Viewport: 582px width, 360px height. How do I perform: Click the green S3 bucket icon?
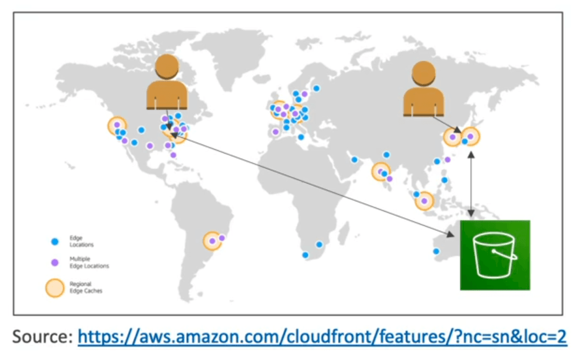tap(495, 255)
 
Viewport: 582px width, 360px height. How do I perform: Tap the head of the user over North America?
tap(167, 66)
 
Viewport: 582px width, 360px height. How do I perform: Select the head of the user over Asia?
tap(424, 73)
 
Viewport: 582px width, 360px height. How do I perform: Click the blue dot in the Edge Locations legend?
tap(55, 241)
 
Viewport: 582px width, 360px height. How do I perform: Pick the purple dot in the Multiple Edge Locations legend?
tap(55, 262)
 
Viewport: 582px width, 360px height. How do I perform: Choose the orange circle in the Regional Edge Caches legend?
tap(55, 288)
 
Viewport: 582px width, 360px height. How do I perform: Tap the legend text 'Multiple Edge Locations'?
tap(89, 262)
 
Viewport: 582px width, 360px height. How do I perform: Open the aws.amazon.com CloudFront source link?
tap(322, 337)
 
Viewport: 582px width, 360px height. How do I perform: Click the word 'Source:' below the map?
tap(43, 337)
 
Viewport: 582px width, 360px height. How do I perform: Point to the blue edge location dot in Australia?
tap(436, 251)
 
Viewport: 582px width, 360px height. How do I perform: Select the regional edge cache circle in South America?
tap(212, 241)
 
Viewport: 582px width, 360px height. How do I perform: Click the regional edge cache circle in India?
tap(381, 171)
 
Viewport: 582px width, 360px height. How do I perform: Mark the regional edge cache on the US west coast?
tap(117, 126)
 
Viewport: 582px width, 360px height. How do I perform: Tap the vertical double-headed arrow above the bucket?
tap(471, 184)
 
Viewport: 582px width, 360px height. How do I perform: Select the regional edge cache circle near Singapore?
tap(424, 201)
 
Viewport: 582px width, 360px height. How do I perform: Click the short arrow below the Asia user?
tap(447, 124)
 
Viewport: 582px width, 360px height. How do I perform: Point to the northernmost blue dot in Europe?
tap(316, 88)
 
